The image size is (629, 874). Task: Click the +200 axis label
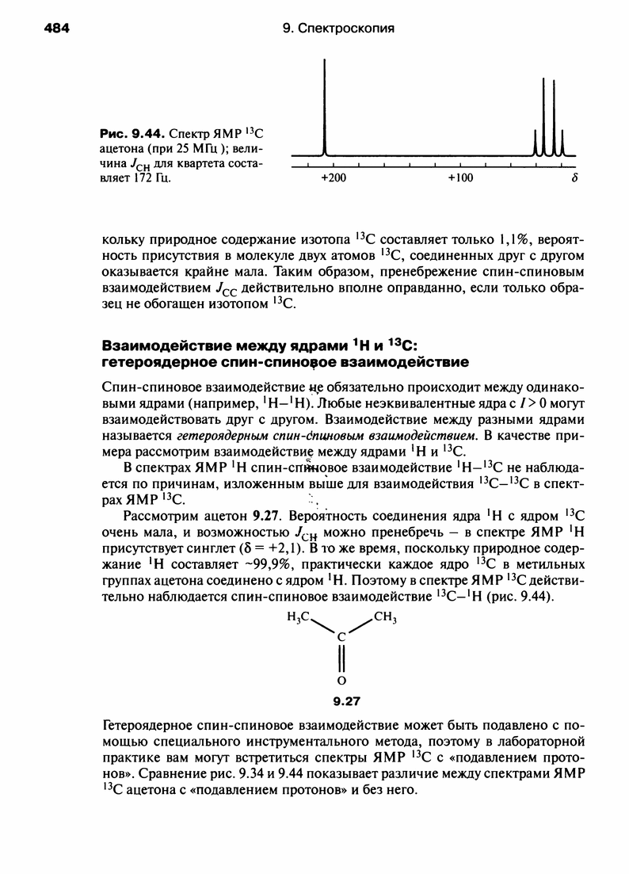[334, 177]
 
